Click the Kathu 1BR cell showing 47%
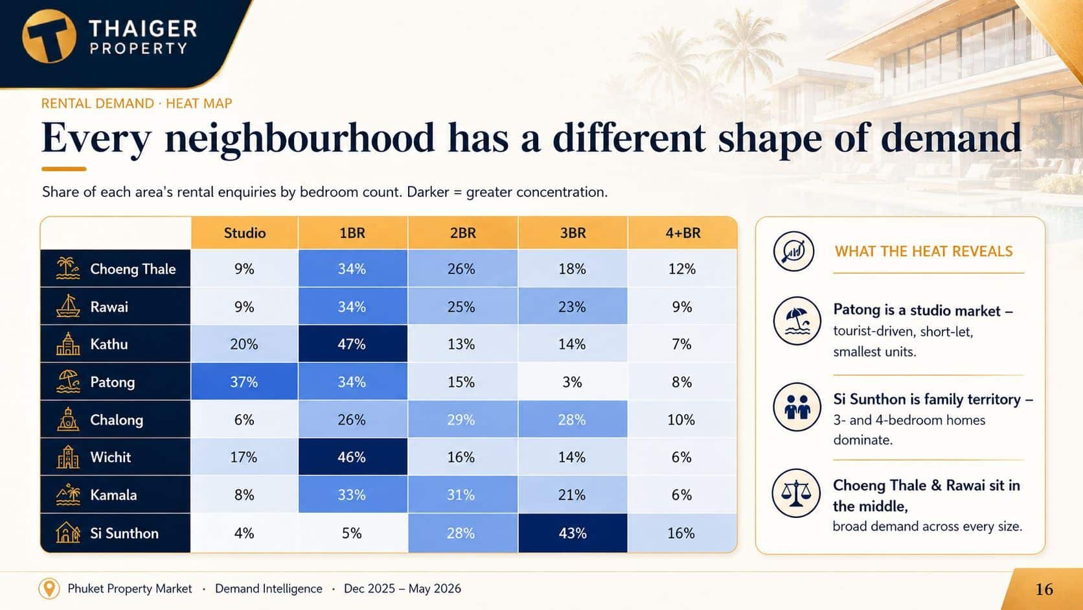(352, 344)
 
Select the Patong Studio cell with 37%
(244, 382)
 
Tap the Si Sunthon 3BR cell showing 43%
(573, 533)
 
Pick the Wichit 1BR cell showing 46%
(352, 457)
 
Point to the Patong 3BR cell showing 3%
(573, 382)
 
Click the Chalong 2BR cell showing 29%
(462, 419)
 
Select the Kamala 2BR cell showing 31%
(462, 495)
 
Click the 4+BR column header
(683, 233)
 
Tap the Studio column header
(244, 233)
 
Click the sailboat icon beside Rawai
(67, 306)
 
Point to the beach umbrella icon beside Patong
(67, 382)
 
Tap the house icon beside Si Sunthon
(67, 533)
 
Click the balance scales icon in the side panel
(796, 493)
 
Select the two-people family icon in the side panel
(797, 407)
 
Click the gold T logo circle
(49, 36)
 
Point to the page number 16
(1044, 589)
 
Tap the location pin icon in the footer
(49, 589)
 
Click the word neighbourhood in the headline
(300, 138)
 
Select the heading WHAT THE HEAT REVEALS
(924, 252)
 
